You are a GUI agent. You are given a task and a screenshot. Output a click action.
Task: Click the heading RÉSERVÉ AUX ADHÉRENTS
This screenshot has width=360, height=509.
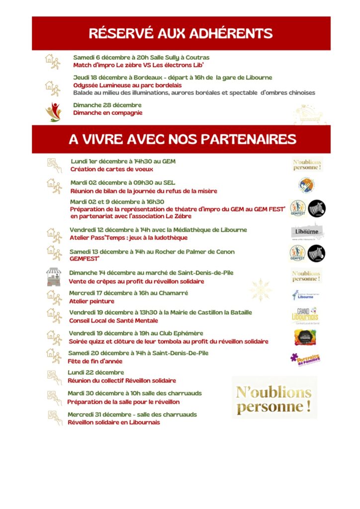180,33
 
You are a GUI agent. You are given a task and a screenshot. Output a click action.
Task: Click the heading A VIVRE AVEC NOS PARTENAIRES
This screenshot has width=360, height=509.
182,139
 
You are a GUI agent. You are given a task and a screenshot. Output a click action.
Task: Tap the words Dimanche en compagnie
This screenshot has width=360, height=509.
107,113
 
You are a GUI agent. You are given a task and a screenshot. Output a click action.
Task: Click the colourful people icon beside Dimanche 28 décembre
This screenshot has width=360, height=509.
53,112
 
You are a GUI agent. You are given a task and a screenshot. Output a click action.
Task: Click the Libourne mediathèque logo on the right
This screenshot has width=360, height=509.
307,232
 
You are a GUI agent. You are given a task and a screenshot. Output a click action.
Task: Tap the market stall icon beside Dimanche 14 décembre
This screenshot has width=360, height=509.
53,277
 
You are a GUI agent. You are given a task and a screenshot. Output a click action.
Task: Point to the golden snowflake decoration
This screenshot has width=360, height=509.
261,290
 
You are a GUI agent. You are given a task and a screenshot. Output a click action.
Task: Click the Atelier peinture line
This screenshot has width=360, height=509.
91,301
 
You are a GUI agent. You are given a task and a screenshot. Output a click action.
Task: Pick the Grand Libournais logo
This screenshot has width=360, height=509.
305,316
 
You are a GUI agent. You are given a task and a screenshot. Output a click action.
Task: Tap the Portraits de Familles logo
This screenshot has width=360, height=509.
305,359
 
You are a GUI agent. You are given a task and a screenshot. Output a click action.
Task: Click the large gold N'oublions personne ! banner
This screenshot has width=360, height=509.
274,397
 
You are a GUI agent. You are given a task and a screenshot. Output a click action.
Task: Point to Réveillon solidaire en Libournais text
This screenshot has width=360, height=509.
114,423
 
